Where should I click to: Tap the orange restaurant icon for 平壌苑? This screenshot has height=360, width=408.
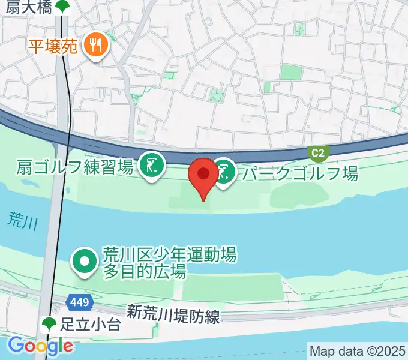(x=96, y=44)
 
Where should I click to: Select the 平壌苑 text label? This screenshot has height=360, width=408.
(x=53, y=46)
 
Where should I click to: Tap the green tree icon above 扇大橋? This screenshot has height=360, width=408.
(x=62, y=7)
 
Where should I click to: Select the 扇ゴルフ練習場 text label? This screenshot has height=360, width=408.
(x=75, y=167)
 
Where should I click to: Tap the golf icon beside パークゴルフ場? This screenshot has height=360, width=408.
(x=226, y=172)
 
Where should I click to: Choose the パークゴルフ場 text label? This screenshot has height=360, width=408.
(x=300, y=173)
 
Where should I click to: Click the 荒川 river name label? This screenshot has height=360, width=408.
(x=23, y=221)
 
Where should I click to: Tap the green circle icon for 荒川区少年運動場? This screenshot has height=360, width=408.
(x=84, y=262)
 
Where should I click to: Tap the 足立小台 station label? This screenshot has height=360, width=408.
(x=91, y=325)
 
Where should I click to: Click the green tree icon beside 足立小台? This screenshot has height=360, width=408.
(x=50, y=325)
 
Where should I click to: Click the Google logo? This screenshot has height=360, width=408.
(x=40, y=346)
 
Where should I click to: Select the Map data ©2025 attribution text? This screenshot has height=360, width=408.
(x=358, y=350)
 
